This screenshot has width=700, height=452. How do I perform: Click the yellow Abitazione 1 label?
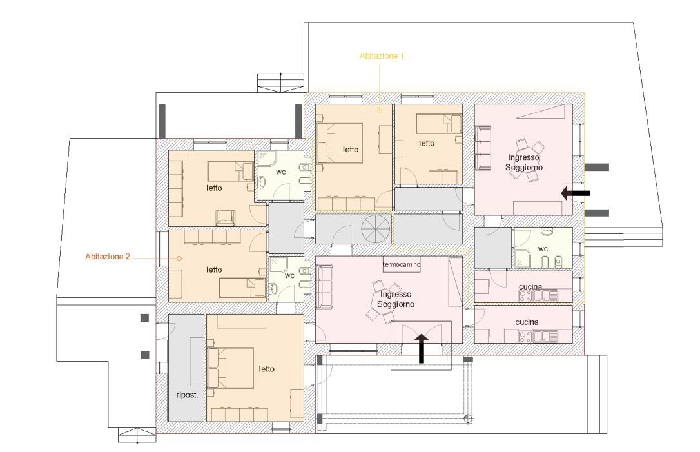382,56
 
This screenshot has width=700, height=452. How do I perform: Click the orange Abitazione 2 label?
108,257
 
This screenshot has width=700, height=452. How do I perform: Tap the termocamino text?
402,264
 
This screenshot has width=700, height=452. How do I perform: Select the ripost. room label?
187,395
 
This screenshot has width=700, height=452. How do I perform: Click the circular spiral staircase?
376,229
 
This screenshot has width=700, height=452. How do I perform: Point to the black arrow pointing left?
576,193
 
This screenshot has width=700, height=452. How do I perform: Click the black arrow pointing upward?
421,348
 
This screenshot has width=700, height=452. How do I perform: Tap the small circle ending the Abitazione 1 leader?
380,111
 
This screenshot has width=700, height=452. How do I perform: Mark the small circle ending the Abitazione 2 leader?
179,259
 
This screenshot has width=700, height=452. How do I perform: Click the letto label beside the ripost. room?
266,369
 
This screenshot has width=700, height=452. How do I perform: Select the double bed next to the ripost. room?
230,368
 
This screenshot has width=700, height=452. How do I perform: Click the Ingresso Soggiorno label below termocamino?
396,299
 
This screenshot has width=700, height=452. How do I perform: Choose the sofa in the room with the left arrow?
483,148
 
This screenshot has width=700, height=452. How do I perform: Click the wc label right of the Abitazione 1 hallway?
543,249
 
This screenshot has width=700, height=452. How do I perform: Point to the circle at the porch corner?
468,418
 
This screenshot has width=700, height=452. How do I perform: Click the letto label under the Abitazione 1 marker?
351,150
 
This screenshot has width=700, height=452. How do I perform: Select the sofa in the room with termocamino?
324,286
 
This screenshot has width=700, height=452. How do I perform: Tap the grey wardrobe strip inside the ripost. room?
197,362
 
